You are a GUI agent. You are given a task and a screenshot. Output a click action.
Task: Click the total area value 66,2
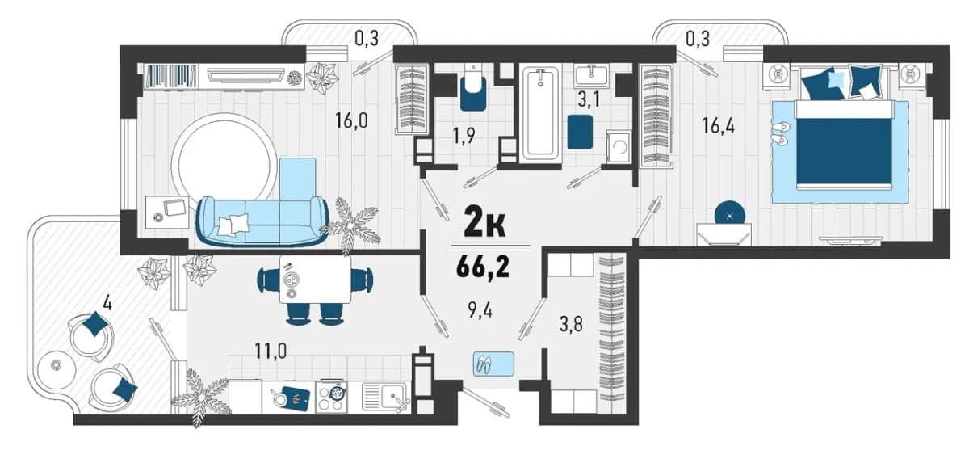[x=482, y=267]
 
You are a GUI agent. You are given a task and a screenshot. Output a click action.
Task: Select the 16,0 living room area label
[x=351, y=120]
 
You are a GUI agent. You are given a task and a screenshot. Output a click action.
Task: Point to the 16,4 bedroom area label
[x=718, y=126]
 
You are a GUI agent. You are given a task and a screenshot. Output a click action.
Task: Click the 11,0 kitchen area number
[x=271, y=351]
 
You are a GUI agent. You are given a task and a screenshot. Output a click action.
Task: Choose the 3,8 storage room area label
[x=571, y=324]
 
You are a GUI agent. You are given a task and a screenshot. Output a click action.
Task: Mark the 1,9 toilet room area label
[x=464, y=136]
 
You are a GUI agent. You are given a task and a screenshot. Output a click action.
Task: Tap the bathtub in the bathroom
[x=539, y=115]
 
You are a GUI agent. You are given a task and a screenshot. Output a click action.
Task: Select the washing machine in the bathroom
[x=619, y=146]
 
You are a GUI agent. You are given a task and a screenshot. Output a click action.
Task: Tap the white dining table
[x=316, y=279]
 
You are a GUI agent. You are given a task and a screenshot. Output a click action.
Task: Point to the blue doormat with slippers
[x=493, y=364]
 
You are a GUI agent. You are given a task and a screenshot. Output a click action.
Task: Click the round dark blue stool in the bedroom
[x=730, y=215]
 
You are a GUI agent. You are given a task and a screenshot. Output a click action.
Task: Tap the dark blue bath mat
[x=580, y=132]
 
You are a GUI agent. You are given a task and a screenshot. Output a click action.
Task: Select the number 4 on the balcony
[x=107, y=303]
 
